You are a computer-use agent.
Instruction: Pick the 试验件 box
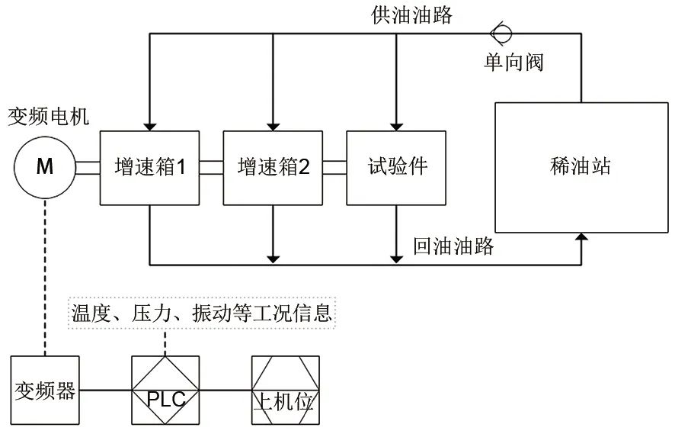click(x=396, y=168)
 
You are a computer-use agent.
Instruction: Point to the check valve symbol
click(x=501, y=33)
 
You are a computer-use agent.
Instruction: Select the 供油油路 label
click(x=411, y=14)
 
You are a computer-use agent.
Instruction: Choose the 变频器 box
click(x=45, y=391)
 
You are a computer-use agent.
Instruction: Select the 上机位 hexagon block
click(x=283, y=391)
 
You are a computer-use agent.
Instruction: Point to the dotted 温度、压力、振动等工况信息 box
click(x=202, y=313)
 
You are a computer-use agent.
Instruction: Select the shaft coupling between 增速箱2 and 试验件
click(x=334, y=168)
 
